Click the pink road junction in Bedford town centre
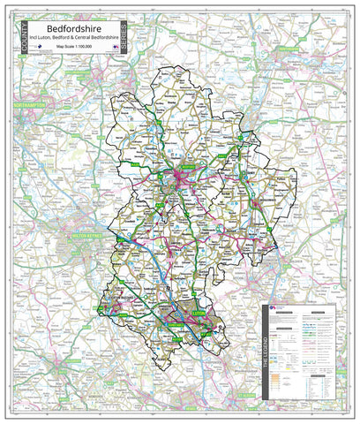point(184,180)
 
